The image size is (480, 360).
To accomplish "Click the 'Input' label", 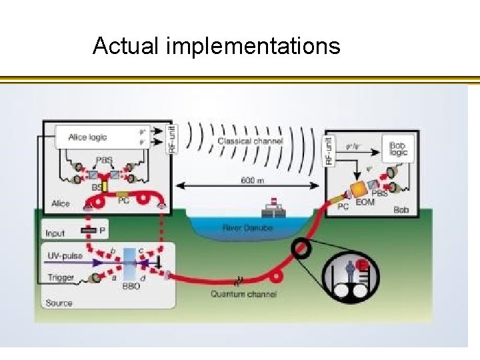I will [x=55, y=233].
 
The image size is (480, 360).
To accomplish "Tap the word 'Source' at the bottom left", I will [x=59, y=303].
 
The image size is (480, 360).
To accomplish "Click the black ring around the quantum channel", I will [x=301, y=248].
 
